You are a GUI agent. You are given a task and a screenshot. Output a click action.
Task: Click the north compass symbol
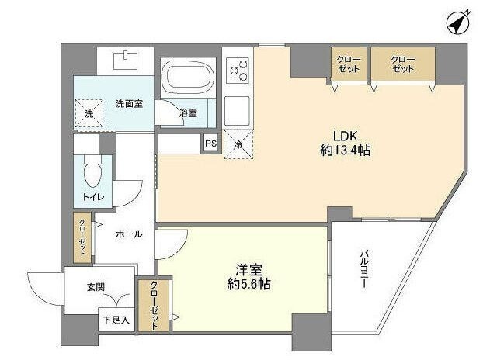(x=457, y=24)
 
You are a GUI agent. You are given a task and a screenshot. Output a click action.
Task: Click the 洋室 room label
(x=250, y=269)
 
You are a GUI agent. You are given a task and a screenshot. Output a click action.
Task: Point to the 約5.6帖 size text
(x=249, y=285)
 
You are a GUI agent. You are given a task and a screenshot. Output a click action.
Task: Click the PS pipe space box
(x=210, y=143)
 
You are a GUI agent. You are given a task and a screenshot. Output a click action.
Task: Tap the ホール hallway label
(x=128, y=234)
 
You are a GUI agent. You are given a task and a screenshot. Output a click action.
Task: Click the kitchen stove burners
(x=238, y=71)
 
